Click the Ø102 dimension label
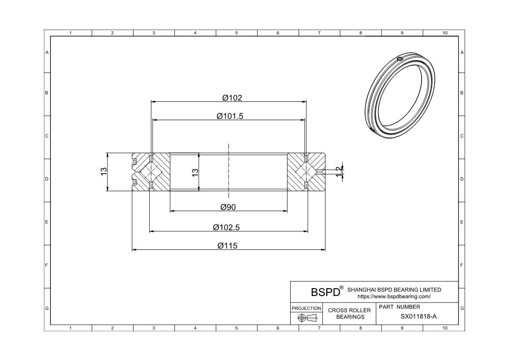tap(232, 98)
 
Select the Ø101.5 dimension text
tap(229, 116)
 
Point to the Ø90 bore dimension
tap(228, 207)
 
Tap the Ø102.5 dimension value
tap(226, 227)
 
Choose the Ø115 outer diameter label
tap(228, 246)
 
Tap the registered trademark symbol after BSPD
tap(342, 287)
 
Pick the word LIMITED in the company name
tap(429, 289)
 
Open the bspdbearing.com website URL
tap(394, 296)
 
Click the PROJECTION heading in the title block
tap(306, 308)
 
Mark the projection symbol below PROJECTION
tap(306, 318)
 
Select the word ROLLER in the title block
tap(359, 310)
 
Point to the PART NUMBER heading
tap(399, 306)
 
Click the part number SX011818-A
tap(418, 317)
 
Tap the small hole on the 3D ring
tap(400, 59)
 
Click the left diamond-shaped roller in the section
tap(151, 172)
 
